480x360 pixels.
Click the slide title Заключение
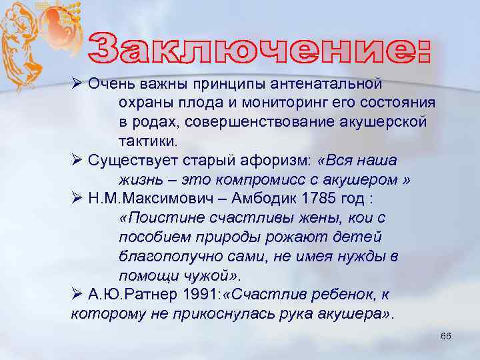pos(260,47)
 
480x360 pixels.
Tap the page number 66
pos(445,336)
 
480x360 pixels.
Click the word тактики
pos(149,141)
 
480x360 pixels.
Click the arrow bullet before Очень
pos(77,84)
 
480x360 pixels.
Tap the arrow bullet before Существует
pos(77,161)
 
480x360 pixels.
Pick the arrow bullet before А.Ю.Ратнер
pos(77,295)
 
